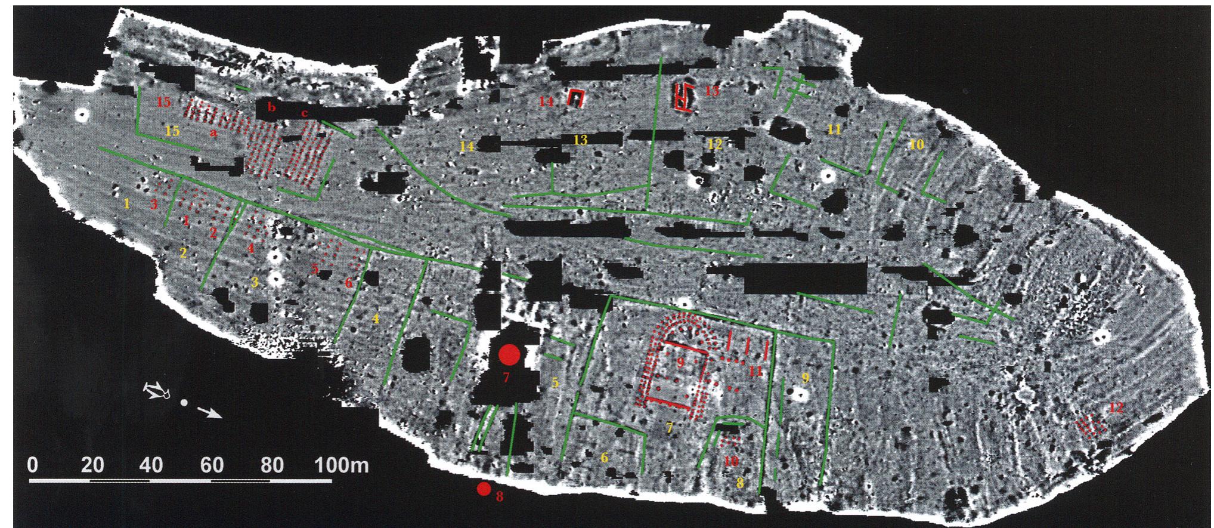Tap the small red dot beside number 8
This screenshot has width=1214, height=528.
click(x=484, y=489)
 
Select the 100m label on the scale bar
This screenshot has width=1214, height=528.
click(x=342, y=465)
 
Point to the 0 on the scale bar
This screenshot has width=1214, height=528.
click(x=33, y=465)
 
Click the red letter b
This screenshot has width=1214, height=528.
click(x=272, y=107)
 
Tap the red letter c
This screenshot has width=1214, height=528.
click(x=304, y=113)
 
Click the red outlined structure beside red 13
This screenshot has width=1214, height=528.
click(x=683, y=97)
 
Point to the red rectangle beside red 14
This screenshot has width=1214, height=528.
click(x=576, y=98)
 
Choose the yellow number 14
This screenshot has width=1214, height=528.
click(x=467, y=145)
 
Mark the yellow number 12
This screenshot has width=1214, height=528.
click(x=715, y=144)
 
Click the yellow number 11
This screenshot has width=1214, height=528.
click(x=834, y=129)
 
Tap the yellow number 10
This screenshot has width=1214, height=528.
click(x=916, y=144)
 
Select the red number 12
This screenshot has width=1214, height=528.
click(x=1116, y=408)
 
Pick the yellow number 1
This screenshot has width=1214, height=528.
click(x=126, y=203)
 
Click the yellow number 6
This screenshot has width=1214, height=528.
click(x=604, y=458)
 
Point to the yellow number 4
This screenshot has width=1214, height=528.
click(x=375, y=319)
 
